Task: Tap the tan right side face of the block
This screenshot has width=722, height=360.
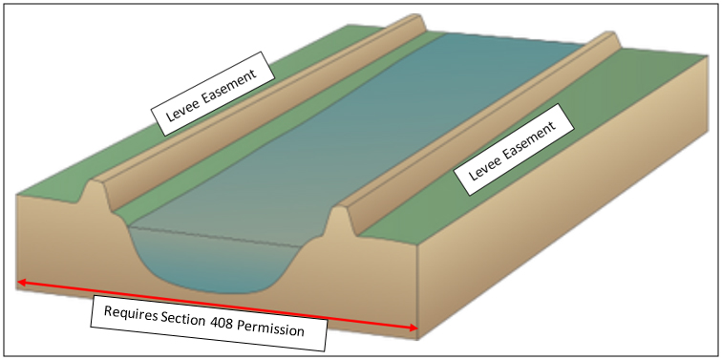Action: click(x=573, y=220)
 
